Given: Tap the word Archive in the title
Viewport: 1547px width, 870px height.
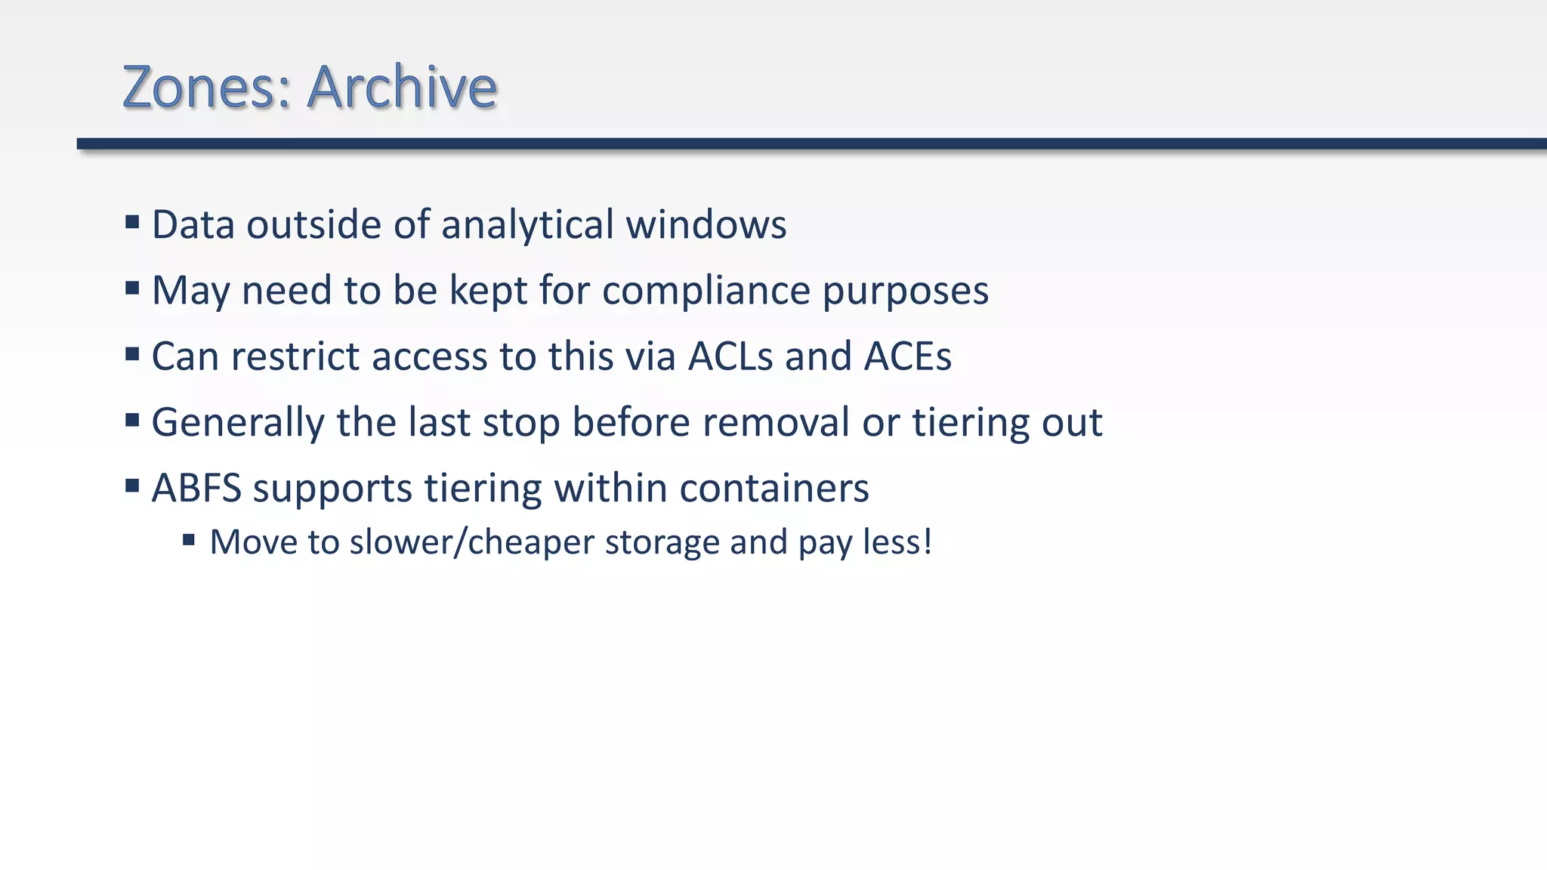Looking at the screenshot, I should [402, 87].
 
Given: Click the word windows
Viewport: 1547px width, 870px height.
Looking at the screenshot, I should [706, 225].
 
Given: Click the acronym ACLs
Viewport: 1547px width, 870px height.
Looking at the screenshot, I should [730, 356].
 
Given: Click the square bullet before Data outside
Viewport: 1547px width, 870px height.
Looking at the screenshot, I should [132, 222].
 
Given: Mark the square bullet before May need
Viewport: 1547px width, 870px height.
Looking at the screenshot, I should [132, 288].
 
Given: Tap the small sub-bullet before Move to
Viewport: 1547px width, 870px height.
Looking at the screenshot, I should [189, 539].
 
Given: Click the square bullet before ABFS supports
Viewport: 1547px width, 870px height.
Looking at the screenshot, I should [132, 485].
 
